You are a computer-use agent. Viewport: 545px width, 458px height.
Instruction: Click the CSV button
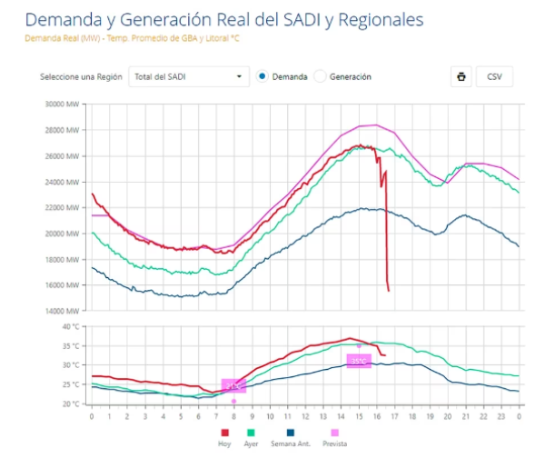coord(494,77)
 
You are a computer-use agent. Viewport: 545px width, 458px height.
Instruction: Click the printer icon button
coord(461,77)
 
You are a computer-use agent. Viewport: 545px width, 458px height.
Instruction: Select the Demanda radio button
coord(263,77)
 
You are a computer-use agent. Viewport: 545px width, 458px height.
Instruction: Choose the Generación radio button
coord(321,77)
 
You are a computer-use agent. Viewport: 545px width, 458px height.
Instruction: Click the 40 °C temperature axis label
coord(71,326)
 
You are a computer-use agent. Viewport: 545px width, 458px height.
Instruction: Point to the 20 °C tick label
coord(71,403)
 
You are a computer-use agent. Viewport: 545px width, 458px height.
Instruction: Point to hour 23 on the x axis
coord(500,416)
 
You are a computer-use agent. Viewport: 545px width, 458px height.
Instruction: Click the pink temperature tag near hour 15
coord(359,361)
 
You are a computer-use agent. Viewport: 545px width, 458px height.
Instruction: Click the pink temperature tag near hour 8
coord(233,386)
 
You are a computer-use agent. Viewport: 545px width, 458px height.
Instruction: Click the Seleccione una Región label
coord(79,77)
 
